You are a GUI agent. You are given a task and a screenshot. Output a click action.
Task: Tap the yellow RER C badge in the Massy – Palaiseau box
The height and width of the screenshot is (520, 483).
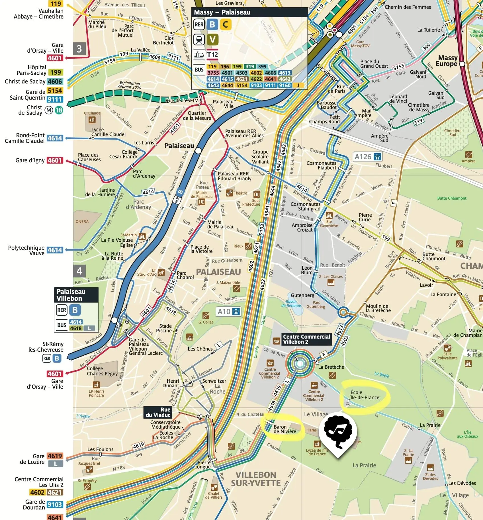point(225,24)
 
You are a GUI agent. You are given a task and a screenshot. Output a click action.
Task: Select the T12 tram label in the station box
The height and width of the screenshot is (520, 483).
point(212,54)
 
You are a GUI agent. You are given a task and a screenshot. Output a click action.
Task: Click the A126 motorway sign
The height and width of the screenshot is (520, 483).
point(367,157)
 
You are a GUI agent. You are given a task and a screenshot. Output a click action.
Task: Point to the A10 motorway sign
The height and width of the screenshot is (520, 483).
point(229,312)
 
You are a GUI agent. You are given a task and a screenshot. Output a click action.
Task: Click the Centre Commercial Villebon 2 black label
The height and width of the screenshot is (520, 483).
point(306,339)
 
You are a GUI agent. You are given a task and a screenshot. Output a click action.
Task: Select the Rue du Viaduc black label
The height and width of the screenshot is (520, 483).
point(158,412)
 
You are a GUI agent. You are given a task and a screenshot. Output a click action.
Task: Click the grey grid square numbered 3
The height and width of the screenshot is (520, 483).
point(79,49)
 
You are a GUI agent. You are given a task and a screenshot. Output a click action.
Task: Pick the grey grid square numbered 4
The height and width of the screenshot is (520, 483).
point(79,271)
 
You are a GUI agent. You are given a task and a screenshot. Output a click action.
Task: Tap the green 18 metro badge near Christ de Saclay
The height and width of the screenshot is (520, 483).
point(59,110)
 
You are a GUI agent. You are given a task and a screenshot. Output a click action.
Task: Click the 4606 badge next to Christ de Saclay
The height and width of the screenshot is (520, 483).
point(55,81)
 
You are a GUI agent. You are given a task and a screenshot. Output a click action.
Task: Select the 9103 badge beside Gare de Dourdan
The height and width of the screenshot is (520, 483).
point(55,505)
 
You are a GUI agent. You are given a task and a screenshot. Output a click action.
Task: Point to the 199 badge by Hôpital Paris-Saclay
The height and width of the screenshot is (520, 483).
point(56,72)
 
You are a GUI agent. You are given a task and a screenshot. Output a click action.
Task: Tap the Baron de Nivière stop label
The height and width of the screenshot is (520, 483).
point(285,429)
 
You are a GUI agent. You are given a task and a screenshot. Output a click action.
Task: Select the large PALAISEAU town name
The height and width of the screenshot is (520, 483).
point(218,272)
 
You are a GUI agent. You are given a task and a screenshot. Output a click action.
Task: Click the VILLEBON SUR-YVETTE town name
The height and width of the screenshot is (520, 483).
point(256,479)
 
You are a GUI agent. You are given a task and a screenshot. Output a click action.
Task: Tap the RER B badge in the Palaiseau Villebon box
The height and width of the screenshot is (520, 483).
point(75,310)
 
